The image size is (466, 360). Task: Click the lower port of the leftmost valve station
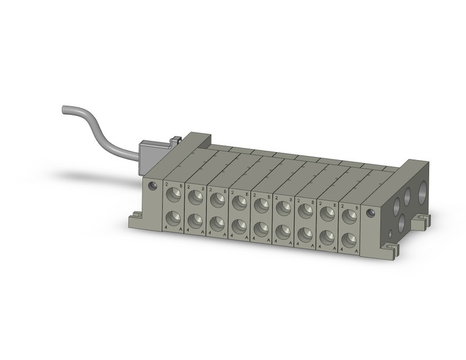[x=174, y=218]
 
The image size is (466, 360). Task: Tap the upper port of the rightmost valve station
[x=349, y=216]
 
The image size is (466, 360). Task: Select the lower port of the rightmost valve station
[x=349, y=239]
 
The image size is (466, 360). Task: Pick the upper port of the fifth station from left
[x=261, y=204]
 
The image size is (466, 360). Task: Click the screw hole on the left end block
[x=153, y=186]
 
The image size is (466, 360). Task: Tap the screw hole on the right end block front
[x=370, y=213]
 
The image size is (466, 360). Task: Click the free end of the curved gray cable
[x=65, y=110]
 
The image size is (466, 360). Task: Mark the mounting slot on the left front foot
[x=135, y=215]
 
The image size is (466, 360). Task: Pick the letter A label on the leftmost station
[x=181, y=231]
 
